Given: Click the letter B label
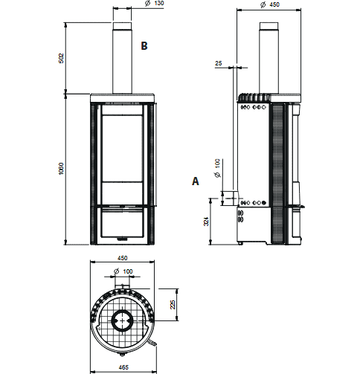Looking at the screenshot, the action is click(x=144, y=46).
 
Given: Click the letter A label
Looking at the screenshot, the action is click(x=196, y=181).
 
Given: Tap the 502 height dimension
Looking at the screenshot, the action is click(x=61, y=58).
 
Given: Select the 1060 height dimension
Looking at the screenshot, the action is click(x=61, y=169).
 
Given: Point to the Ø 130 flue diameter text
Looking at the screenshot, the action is click(x=155, y=4).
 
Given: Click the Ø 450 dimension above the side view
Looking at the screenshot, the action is click(x=270, y=4).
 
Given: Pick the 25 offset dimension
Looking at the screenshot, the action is click(x=219, y=63).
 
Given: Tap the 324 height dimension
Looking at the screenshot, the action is click(x=206, y=222).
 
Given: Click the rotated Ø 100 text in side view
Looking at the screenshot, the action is click(x=217, y=168).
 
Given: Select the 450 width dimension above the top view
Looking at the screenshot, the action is click(x=122, y=258).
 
